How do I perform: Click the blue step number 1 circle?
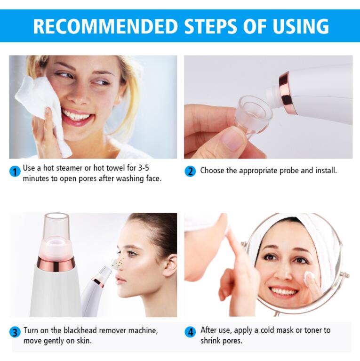tap(15, 171)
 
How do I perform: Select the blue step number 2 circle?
tap(190, 171)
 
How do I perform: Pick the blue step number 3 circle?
tap(15, 332)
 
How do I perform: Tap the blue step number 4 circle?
tap(190, 332)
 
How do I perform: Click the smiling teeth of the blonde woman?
tap(77, 116)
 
